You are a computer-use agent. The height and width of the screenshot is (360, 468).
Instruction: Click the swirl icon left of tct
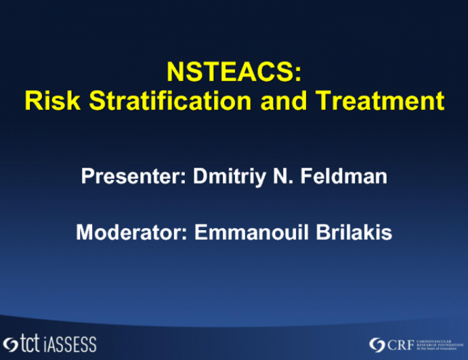click(12, 343)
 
